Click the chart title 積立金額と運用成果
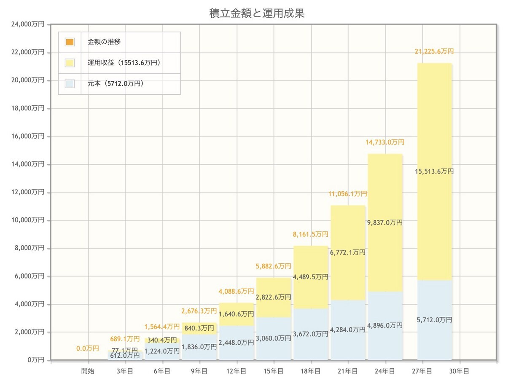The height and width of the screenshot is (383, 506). (x=257, y=13)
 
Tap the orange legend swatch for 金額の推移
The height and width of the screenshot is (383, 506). (x=70, y=42)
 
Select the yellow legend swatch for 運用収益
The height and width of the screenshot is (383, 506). (x=70, y=63)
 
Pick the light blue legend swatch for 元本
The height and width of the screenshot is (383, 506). (x=70, y=84)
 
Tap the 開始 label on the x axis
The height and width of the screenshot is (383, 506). (x=88, y=371)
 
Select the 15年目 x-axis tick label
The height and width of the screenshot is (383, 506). (x=273, y=371)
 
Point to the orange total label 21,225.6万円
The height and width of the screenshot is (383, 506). (x=434, y=51)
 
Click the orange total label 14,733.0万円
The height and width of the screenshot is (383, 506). (x=385, y=143)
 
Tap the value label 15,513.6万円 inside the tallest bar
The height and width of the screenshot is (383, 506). (x=434, y=171)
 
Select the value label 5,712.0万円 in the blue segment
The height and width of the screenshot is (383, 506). (x=434, y=320)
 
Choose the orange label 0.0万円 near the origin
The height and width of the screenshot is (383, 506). (x=88, y=349)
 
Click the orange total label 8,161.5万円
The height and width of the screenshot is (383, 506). (x=311, y=234)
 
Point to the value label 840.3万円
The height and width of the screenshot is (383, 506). (x=199, y=328)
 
